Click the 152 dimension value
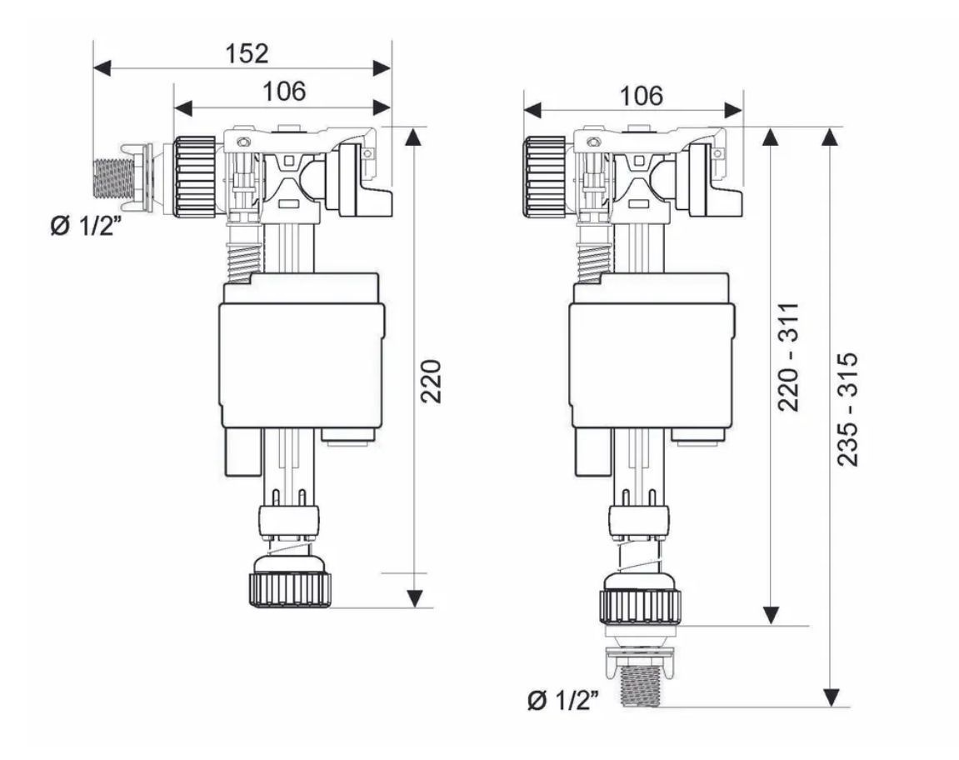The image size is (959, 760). tap(247, 53)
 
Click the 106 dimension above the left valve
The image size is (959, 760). tap(284, 91)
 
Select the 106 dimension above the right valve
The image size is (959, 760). tap(641, 96)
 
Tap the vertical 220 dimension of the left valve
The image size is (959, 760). tap(432, 381)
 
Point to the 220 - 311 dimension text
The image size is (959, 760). tap(788, 356)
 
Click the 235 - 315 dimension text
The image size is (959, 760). tap(847, 409)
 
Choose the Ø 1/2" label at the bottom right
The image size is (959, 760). tap(562, 700)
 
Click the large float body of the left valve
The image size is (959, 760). tap(302, 364)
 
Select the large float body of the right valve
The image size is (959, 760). tap(652, 364)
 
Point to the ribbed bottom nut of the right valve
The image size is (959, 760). tap(641, 607)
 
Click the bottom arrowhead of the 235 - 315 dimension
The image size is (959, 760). tap(830, 697)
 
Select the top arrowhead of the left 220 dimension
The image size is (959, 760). tap(415, 137)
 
